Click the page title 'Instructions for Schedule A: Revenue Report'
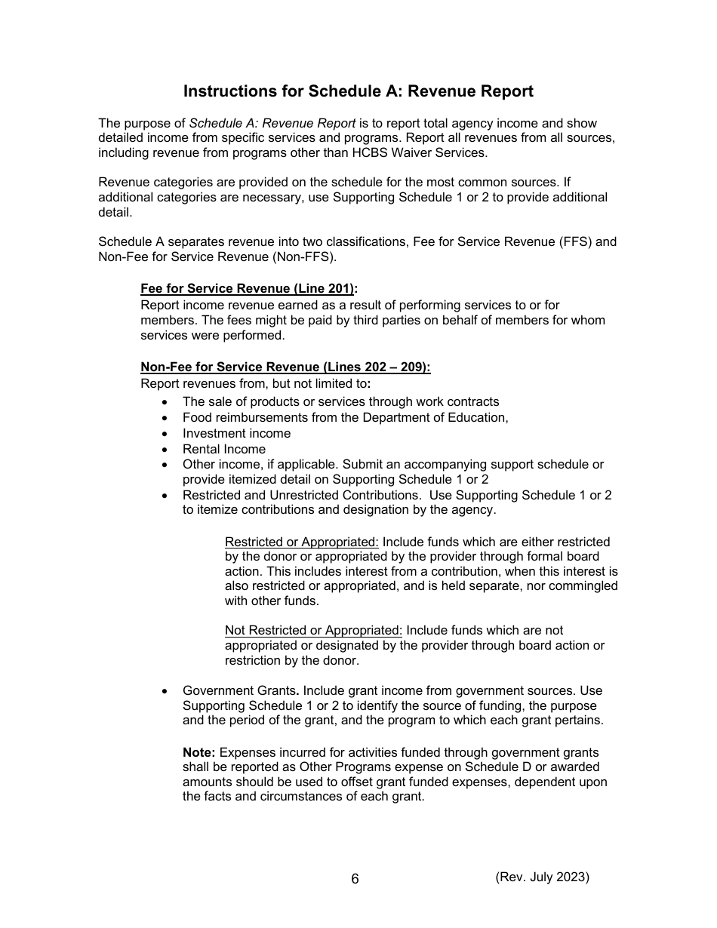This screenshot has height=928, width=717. [x=358, y=91]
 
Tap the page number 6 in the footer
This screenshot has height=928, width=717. [x=355, y=879]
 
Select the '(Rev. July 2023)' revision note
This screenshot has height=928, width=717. [x=542, y=877]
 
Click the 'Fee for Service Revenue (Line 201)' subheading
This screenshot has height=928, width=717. [x=249, y=289]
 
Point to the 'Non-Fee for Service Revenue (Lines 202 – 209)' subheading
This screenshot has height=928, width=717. [x=285, y=367]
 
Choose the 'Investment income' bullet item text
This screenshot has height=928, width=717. [x=236, y=433]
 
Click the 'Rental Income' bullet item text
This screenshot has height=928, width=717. [x=223, y=449]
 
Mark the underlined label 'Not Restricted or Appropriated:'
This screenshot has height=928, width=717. [x=314, y=630]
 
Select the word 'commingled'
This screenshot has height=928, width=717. [x=583, y=586]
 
